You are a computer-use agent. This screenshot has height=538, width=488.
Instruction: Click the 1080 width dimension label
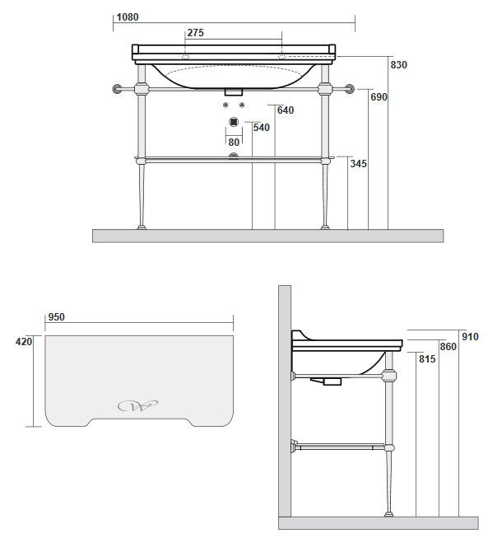coord(128,17)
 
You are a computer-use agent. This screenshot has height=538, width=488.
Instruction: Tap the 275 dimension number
coord(195,33)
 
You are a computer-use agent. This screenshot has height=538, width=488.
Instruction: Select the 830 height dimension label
coord(398,65)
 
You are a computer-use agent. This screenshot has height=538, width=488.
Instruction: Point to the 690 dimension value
coord(379,97)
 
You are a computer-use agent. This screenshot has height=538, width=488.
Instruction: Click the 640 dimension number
coord(286,110)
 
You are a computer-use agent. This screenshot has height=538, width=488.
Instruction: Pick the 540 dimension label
coord(262,128)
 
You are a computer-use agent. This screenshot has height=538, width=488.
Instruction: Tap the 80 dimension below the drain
coord(234,142)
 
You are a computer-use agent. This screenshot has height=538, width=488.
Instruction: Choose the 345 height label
coord(359,164)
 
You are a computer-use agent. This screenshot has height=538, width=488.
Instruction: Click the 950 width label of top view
coord(56,317)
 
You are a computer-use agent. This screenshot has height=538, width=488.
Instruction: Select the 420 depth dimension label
coord(24,342)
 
